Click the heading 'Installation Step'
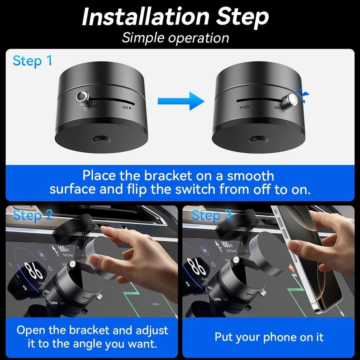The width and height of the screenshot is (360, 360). pyautogui.click(x=175, y=17)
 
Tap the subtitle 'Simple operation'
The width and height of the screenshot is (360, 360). pyautogui.click(x=175, y=38)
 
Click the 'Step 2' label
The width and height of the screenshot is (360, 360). pyautogui.click(x=33, y=216)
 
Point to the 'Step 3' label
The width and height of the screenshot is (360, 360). pyautogui.click(x=211, y=216)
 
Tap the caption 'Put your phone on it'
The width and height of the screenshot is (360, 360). pyautogui.click(x=268, y=337)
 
